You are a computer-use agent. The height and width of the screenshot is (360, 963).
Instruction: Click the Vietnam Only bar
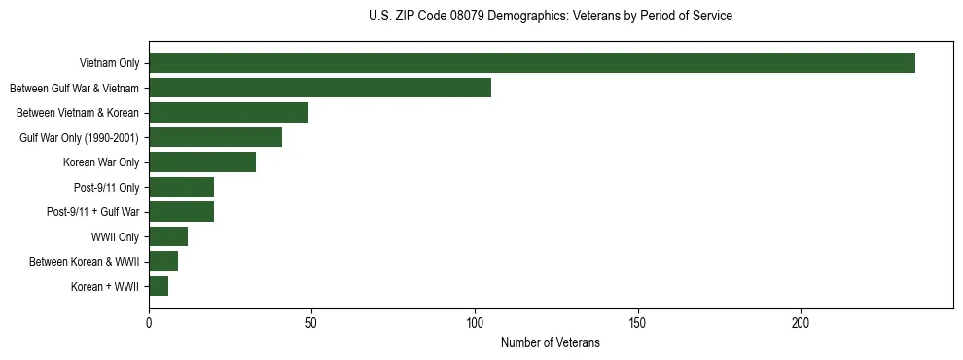point(532,63)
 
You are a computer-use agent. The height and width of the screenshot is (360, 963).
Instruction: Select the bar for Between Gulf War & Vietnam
point(320,88)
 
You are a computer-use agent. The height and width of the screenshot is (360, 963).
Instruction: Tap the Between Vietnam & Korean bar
point(229,113)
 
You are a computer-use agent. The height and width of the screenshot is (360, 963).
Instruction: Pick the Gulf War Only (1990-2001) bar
point(216,137)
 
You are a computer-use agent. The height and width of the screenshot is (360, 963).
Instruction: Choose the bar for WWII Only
point(168,236)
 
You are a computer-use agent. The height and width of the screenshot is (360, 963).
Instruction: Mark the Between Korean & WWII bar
point(163,262)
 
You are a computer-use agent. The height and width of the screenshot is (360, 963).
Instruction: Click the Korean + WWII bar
point(159,286)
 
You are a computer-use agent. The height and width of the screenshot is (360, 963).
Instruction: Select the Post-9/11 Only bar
point(182,187)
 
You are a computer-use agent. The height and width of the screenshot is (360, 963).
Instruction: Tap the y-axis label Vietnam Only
point(109,63)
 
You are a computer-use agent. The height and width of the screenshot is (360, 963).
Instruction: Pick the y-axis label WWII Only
point(115,236)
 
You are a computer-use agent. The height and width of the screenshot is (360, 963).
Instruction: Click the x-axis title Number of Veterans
point(550,343)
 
